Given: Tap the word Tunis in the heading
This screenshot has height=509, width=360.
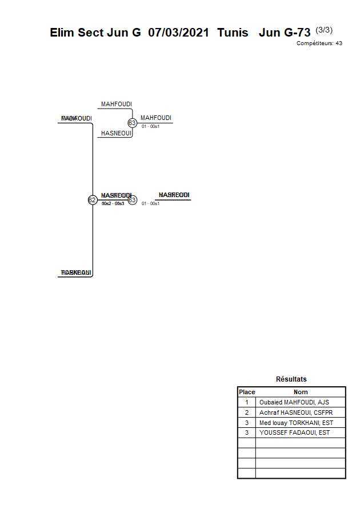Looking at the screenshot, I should pyautogui.click(x=233, y=33).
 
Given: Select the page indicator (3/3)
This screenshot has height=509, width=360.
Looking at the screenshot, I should pyautogui.click(x=324, y=30).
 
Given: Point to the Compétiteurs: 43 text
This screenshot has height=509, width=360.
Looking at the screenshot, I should pyautogui.click(x=319, y=43).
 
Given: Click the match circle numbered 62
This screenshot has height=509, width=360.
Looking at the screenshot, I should pyautogui.click(x=92, y=200).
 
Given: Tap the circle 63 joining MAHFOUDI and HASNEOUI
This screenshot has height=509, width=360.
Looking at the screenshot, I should pyautogui.click(x=132, y=123).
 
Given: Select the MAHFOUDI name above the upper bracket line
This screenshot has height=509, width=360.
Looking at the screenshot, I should pyautogui.click(x=117, y=104).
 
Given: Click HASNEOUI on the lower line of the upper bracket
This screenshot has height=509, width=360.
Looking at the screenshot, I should pyautogui.click(x=117, y=133).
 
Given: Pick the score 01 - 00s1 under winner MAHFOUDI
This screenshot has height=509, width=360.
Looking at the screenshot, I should pyautogui.click(x=150, y=126).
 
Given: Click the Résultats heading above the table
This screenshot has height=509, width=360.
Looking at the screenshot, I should pyautogui.click(x=291, y=379).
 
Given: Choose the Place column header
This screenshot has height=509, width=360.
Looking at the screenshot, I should pyautogui.click(x=247, y=392).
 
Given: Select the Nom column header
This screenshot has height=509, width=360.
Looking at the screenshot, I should pyautogui.click(x=301, y=392).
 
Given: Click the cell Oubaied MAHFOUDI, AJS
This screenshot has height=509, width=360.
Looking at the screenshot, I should pyautogui.click(x=294, y=402).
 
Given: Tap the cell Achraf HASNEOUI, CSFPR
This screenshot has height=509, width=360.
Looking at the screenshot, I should pyautogui.click(x=296, y=412).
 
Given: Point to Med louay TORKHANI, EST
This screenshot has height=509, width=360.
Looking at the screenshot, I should pyautogui.click(x=296, y=423).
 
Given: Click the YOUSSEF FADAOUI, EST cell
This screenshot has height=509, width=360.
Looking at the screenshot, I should pyautogui.click(x=294, y=433).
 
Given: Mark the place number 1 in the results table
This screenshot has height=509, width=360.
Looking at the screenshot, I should pyautogui.click(x=247, y=402).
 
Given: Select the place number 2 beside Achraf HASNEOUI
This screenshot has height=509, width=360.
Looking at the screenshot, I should pyautogui.click(x=247, y=412).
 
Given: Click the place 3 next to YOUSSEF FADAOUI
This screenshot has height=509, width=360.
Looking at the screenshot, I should pyautogui.click(x=247, y=433).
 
